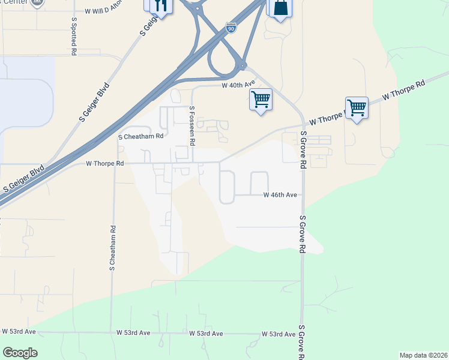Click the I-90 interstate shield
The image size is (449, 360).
pyautogui.click(x=231, y=27)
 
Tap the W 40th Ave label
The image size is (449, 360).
pyautogui.click(x=238, y=86)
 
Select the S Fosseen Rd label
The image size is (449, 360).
pyautogui.click(x=192, y=126)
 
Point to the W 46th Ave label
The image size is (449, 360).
pyautogui.click(x=281, y=195)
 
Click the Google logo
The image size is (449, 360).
pyautogui.click(x=20, y=353)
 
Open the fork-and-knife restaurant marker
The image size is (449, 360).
pyautogui.click(x=160, y=5)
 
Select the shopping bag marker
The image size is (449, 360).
pyautogui.click(x=280, y=8)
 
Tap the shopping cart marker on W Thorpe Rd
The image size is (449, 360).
pyautogui.click(x=357, y=109)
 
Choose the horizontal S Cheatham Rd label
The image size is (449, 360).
pyautogui.click(x=141, y=136)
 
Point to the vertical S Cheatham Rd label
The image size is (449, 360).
pyautogui.click(x=112, y=248)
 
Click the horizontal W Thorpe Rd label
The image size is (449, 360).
pyautogui.click(x=105, y=163)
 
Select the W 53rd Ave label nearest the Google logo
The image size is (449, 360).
pyautogui.click(x=19, y=331)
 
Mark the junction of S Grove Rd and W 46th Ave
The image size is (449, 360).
pyautogui.click(x=302, y=195)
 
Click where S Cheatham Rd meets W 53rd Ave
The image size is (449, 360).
pyautogui.click(x=112, y=332)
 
